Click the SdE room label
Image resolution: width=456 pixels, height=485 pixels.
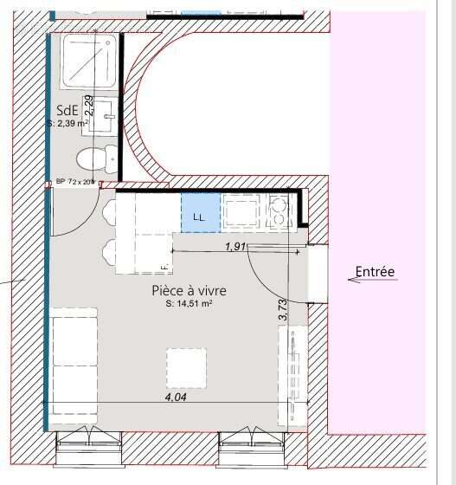(68, 110)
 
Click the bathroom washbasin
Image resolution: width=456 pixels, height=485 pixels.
(106, 117)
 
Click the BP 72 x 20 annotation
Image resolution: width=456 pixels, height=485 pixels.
(74, 182)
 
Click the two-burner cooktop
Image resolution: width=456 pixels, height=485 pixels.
(279, 210)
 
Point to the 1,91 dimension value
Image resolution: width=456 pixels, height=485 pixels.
(235, 247)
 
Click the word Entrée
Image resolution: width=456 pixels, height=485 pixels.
(377, 272)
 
